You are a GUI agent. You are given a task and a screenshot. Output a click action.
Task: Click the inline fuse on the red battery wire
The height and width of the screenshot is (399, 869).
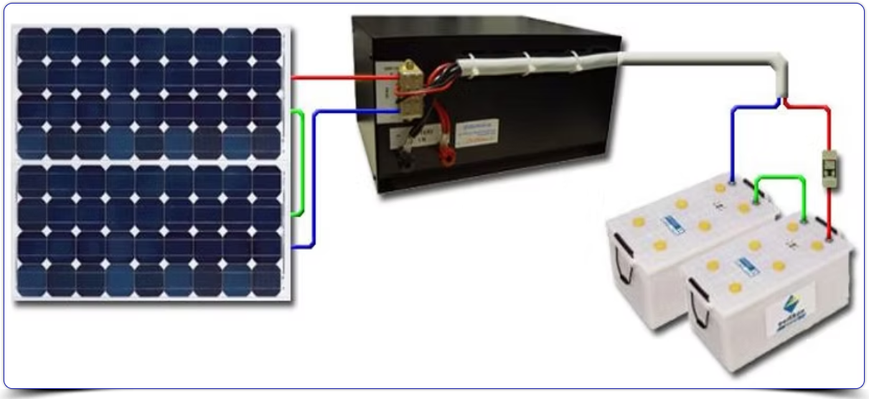(828, 166)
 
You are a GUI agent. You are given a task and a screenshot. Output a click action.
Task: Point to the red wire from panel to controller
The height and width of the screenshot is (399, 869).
(330, 75)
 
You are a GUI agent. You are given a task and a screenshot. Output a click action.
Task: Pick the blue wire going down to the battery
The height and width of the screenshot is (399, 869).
(733, 136)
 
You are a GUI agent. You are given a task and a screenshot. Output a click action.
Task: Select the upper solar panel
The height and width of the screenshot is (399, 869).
(151, 93)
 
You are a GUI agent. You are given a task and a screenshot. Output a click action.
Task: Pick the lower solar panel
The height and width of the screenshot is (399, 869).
(151, 230)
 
